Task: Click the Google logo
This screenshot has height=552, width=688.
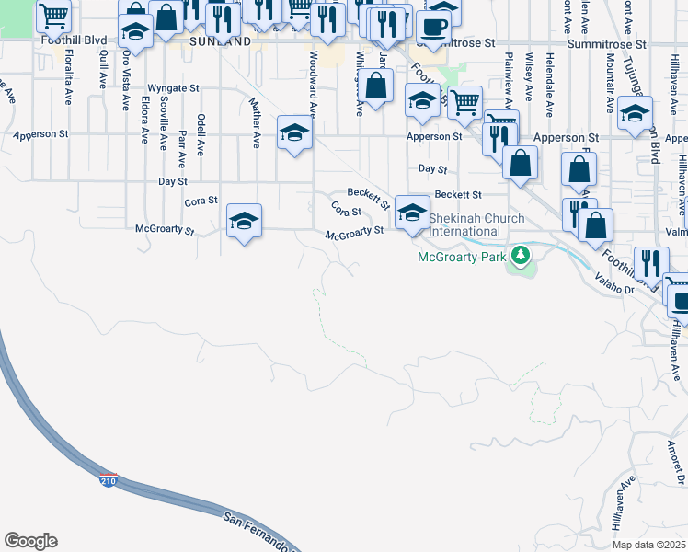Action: coord(30,541)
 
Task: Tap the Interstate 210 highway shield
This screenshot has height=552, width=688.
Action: coord(109,480)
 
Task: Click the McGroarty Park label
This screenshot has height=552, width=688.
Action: coord(462,257)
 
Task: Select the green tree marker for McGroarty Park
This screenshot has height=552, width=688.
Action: coord(521,254)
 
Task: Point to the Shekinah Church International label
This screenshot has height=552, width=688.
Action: coord(476,224)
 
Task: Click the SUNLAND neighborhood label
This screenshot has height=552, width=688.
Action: coord(220,42)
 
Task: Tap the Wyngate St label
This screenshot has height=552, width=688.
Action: coord(173,88)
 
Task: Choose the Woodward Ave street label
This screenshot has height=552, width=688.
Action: coord(313,84)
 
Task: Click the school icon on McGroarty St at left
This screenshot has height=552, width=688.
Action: coord(245,221)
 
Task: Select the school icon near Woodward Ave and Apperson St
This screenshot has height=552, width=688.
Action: coord(294,134)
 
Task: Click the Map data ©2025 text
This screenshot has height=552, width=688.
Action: coord(648,545)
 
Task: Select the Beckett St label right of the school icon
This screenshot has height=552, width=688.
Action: coord(458,195)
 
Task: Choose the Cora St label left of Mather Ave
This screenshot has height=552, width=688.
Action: coord(201,201)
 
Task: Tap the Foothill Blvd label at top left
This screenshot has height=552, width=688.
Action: coord(74,41)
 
